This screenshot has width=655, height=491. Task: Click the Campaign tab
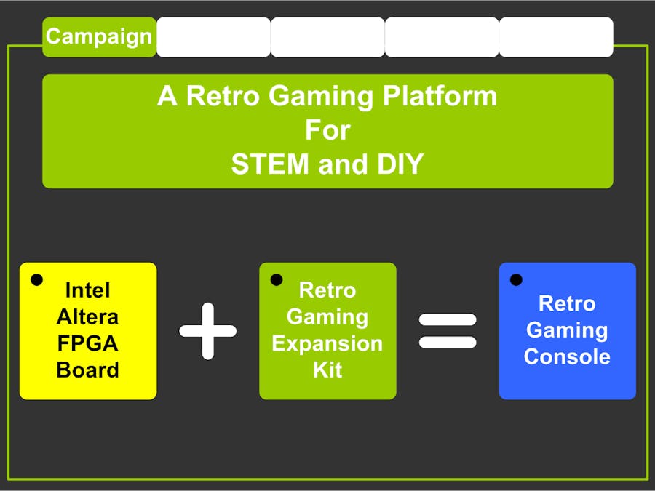pyautogui.click(x=99, y=37)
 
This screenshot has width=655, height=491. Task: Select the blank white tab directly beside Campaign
pyautogui.click(x=213, y=37)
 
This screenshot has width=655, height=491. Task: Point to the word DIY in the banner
pyautogui.click(x=400, y=164)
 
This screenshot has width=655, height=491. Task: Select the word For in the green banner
pyautogui.click(x=327, y=130)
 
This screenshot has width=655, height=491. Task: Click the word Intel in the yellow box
pyautogui.click(x=88, y=290)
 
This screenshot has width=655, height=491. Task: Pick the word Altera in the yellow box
pyautogui.click(x=88, y=316)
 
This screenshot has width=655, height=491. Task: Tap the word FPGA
pyautogui.click(x=88, y=343)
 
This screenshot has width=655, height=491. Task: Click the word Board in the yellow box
pyautogui.click(x=88, y=370)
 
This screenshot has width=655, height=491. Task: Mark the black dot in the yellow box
pyautogui.click(x=37, y=279)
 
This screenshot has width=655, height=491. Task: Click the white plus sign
pyautogui.click(x=208, y=331)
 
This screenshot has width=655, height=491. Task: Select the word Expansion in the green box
pyautogui.click(x=327, y=343)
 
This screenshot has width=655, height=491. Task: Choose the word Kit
pyautogui.click(x=327, y=370)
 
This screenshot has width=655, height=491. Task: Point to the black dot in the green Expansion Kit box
pyautogui.click(x=277, y=279)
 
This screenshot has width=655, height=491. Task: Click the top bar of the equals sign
pyautogui.click(x=448, y=319)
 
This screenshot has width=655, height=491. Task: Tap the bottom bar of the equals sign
pyautogui.click(x=448, y=342)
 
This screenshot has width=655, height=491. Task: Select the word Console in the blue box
pyautogui.click(x=567, y=356)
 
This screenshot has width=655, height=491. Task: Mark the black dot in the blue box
pyautogui.click(x=516, y=279)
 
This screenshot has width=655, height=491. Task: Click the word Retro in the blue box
pyautogui.click(x=567, y=303)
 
